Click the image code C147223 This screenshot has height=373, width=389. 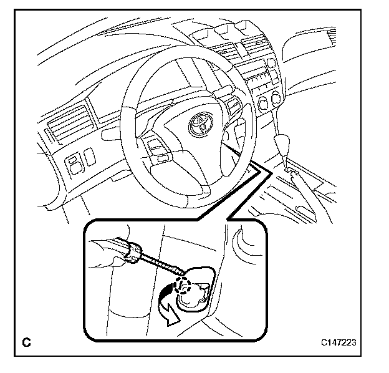click(x=340, y=342)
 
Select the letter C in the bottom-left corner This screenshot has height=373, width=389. click(x=26, y=342)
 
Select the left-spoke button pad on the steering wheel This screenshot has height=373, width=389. click(x=156, y=148)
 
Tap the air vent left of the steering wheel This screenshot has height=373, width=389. click(x=69, y=119)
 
